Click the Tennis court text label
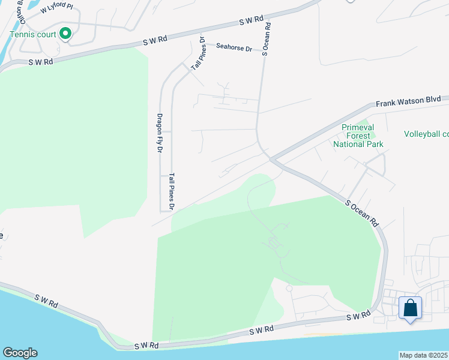click(x=33, y=34)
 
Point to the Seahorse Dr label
click(x=234, y=47)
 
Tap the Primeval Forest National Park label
click(x=362, y=136)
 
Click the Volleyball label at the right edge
click(x=426, y=134)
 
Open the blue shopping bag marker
click(x=411, y=308)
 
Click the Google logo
click(x=20, y=353)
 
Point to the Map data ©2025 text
click(x=423, y=355)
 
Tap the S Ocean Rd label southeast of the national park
click(x=362, y=212)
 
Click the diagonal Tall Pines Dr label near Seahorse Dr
click(x=197, y=54)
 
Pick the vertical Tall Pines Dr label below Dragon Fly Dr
click(x=171, y=191)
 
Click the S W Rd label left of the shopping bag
click(x=358, y=316)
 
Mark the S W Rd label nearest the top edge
click(x=251, y=20)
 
